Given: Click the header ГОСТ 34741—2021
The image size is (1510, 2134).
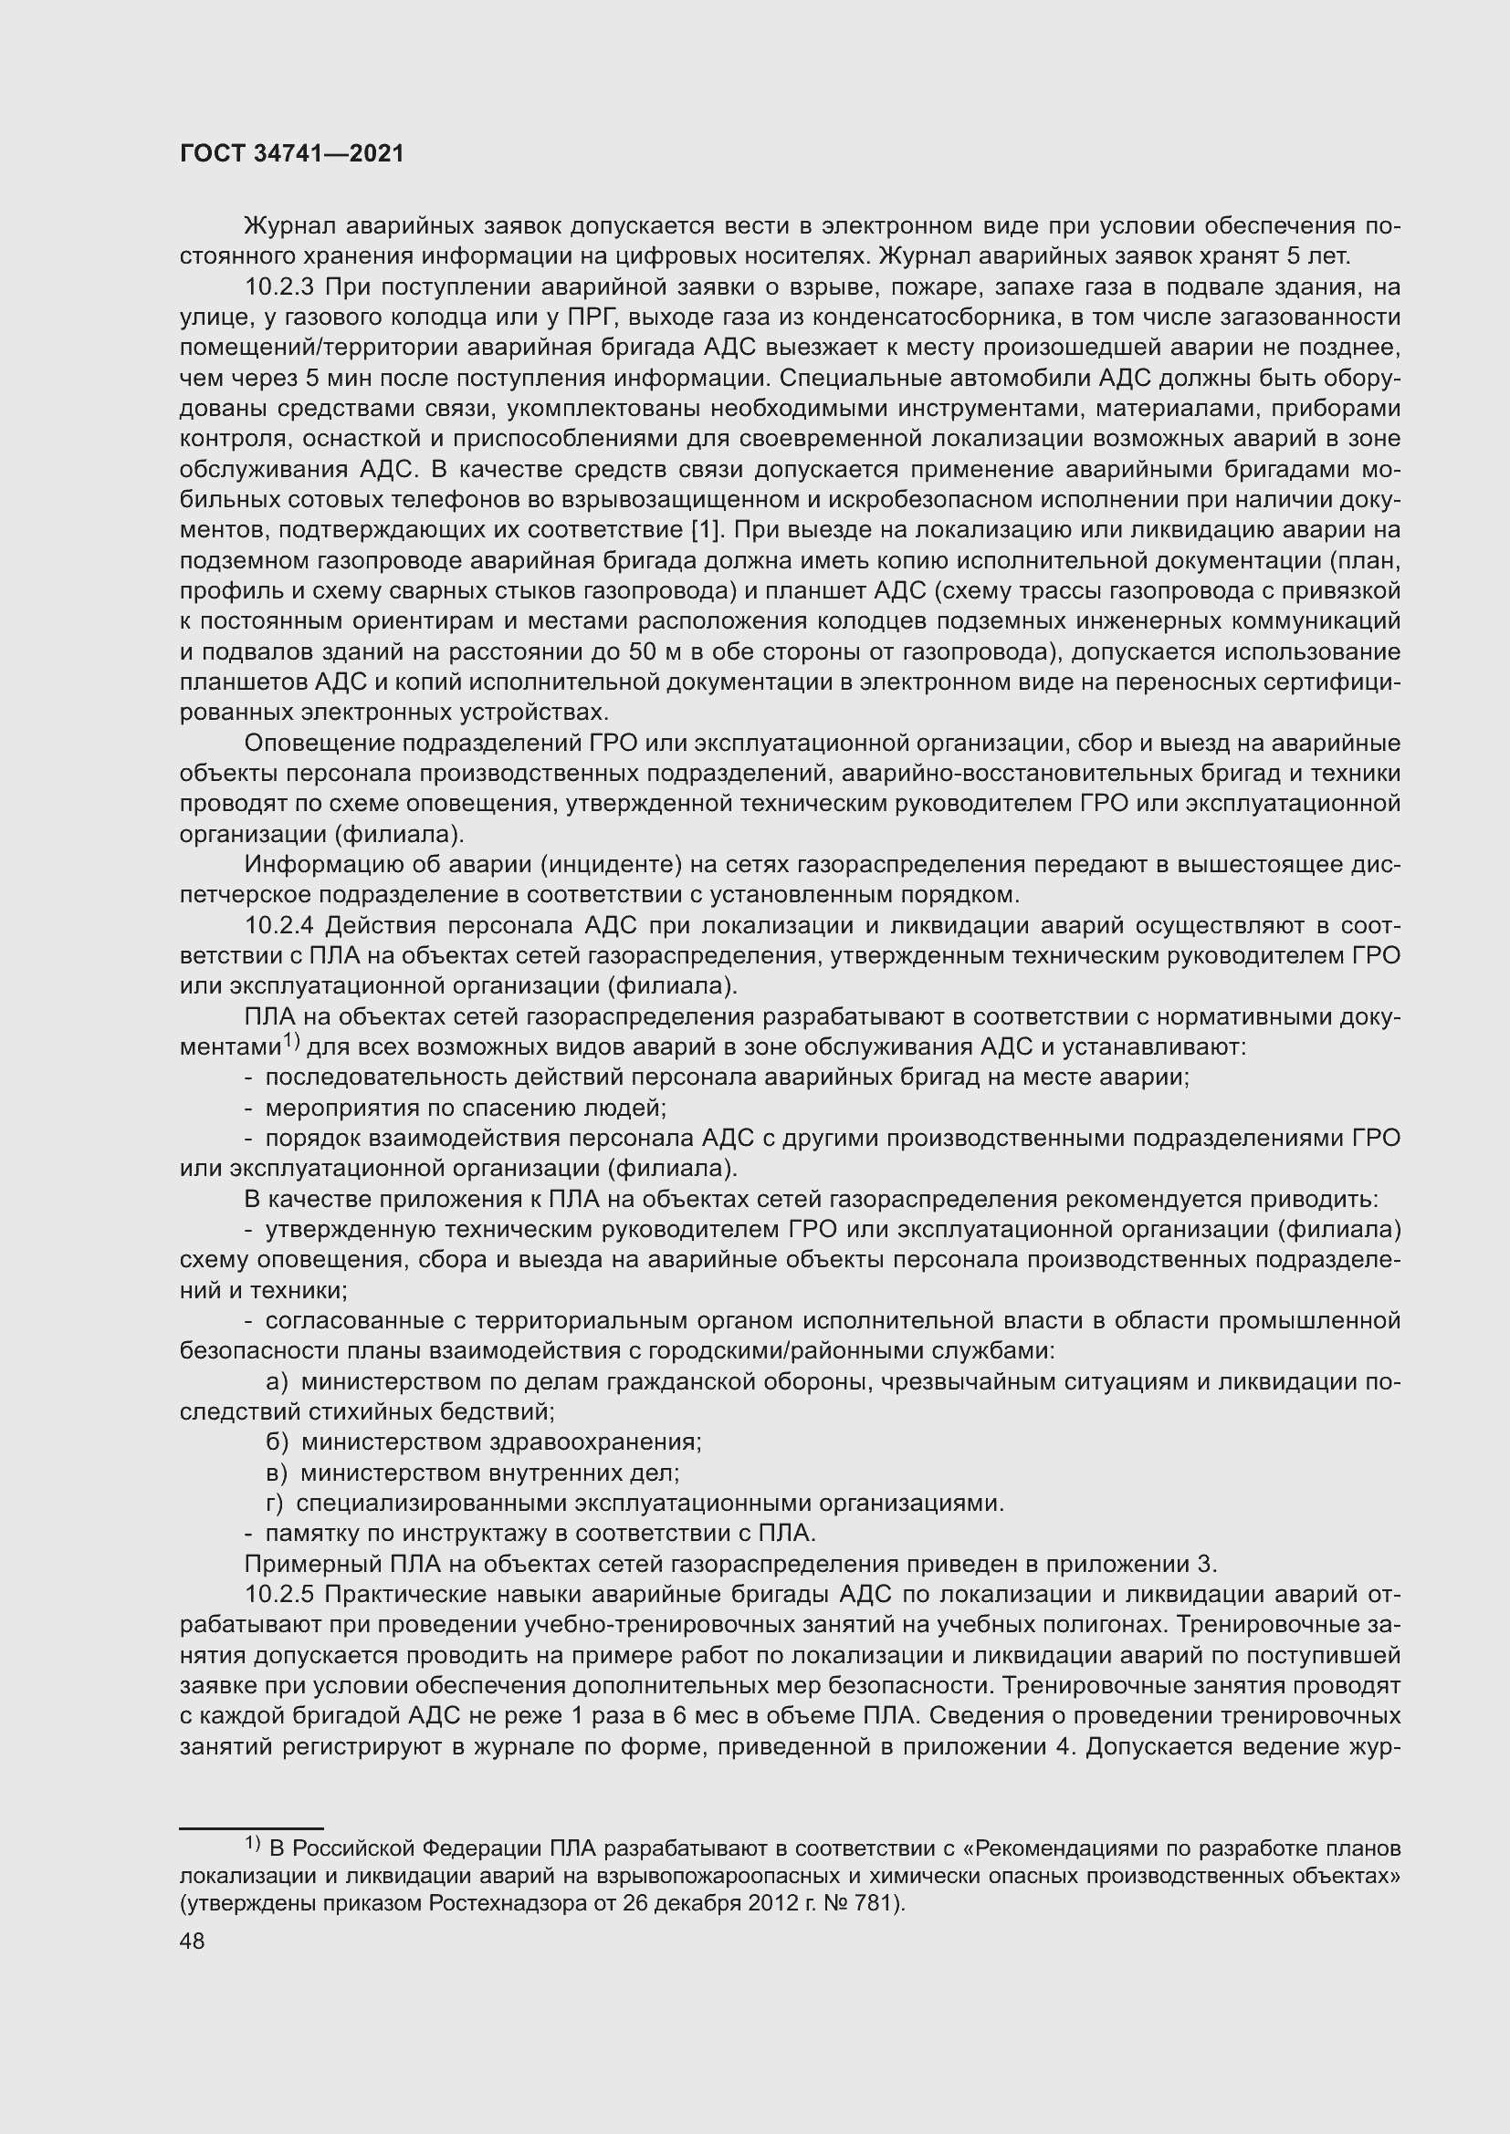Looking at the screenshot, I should point(292,153).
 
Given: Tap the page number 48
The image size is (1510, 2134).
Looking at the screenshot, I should point(193,1941).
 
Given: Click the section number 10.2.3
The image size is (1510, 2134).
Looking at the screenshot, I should point(283,286).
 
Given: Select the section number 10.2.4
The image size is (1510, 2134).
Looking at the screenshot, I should point(283,926).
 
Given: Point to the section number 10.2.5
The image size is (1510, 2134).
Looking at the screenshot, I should point(283,1595).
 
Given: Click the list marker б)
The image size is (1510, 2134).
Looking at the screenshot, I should point(278,1442).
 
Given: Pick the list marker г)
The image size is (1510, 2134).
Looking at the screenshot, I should point(274,1503).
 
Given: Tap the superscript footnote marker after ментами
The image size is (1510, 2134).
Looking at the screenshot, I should point(290,1040).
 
